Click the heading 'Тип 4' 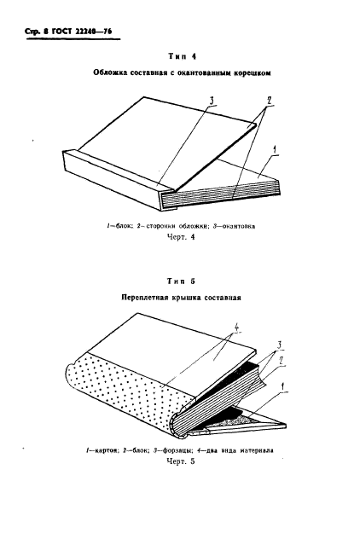tap(182, 56)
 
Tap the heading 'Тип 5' tap(181, 281)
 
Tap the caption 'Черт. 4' tap(181, 237)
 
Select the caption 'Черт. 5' tap(181, 461)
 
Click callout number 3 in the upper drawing tap(212, 101)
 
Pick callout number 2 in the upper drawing tap(268, 101)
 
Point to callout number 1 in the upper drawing tap(275, 151)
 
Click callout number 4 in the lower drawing tap(236, 327)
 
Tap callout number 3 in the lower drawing tap(279, 345)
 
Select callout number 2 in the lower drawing tap(282, 361)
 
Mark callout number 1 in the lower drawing tap(284, 386)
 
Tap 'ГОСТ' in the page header tap(61, 32)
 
